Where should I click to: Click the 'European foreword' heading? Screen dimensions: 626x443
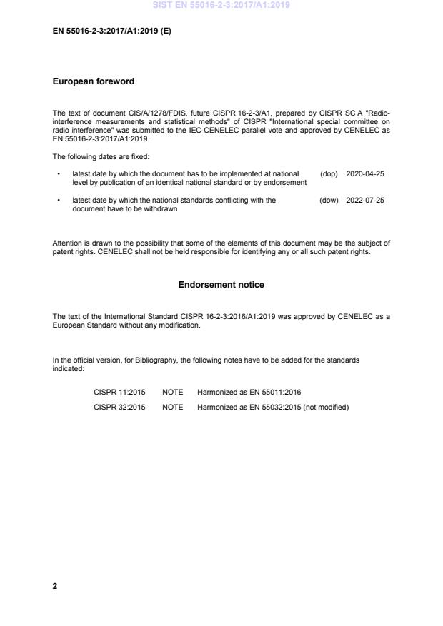(94, 81)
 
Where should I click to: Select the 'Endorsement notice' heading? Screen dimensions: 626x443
(221, 285)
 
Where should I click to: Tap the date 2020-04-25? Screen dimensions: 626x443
(365, 173)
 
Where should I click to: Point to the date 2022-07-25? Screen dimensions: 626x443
(365, 201)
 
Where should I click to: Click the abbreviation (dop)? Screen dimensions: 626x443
(329, 173)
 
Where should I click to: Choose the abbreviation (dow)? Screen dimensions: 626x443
(329, 201)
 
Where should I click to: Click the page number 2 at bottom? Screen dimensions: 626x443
(55, 586)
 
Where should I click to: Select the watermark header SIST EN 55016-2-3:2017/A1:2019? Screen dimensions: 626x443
(221, 6)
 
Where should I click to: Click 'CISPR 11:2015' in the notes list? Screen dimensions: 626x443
(117, 393)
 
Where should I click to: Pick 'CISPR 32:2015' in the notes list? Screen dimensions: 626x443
(117, 407)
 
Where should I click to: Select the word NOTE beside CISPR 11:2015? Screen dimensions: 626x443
(172, 393)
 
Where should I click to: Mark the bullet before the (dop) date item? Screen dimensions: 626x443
(57, 173)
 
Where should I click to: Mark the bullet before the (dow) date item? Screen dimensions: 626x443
(57, 201)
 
